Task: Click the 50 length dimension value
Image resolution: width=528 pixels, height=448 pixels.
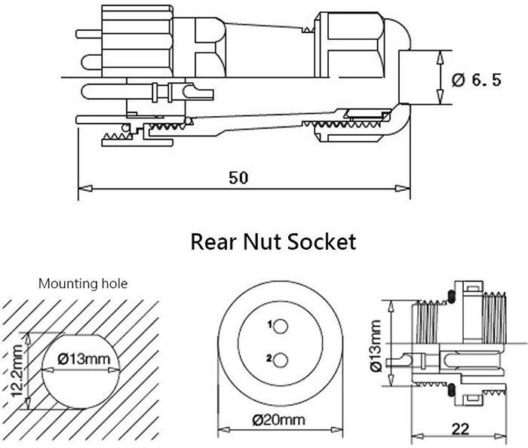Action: point(238,178)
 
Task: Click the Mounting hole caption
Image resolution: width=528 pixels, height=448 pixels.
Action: point(83,284)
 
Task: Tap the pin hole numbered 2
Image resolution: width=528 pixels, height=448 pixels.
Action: point(280,360)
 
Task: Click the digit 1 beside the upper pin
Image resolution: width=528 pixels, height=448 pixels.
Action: point(269,325)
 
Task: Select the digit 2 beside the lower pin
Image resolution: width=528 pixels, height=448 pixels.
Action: point(269,357)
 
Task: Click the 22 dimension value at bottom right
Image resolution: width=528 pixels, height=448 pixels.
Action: point(460,428)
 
